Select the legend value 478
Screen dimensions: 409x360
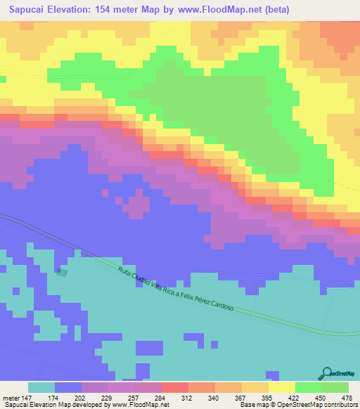pos(347,398)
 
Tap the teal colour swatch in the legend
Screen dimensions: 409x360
pos(41,387)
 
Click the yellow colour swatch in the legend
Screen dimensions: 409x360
pos(282,387)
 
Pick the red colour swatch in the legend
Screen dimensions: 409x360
pos(175,387)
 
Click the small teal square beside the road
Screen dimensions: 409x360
pos(62,272)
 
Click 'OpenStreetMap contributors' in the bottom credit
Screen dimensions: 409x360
pos(319,405)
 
